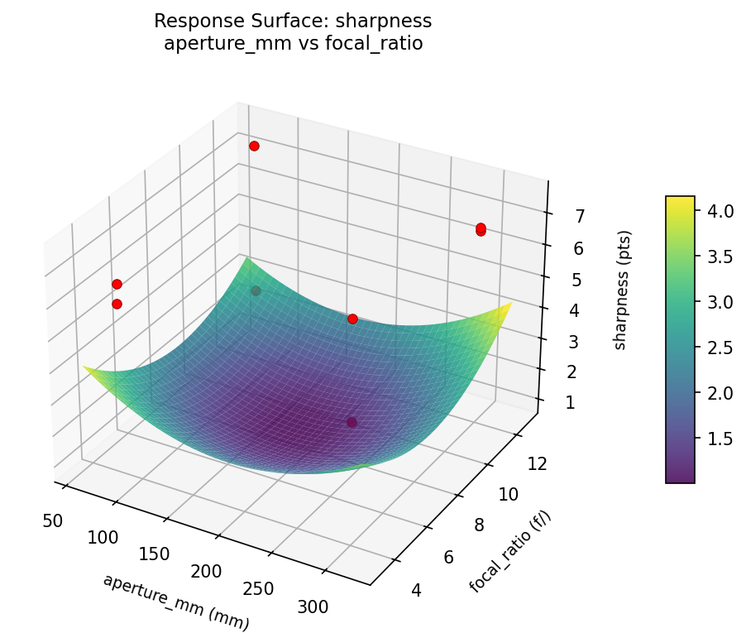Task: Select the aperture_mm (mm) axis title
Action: coord(175,602)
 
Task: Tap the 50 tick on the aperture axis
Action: coord(53,520)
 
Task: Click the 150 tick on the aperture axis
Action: coord(155,554)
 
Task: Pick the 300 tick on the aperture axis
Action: coord(312,607)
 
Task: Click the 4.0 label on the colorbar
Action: coord(720,211)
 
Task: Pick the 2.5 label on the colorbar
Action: coord(720,348)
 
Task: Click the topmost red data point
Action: coord(254,146)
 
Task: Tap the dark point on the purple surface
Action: coord(352,422)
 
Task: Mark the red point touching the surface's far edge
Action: coord(352,319)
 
